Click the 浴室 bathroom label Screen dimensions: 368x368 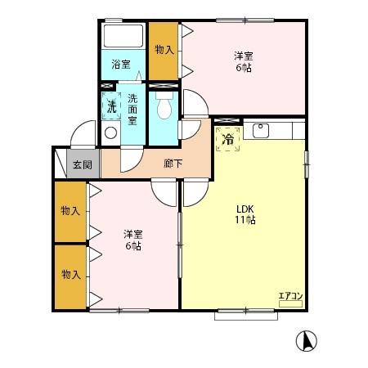point(121,65)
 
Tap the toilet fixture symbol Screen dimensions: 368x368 point(164,105)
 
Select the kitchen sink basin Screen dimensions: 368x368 point(261,131)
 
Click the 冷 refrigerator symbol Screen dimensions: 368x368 point(228,139)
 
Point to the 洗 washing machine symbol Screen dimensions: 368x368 point(111,106)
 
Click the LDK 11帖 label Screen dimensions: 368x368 point(245,214)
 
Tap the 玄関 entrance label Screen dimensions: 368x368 point(83,164)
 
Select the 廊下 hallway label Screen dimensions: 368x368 point(173,164)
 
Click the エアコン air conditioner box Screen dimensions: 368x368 point(290,303)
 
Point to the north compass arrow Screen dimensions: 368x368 point(307,341)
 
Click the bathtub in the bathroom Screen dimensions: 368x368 point(123,36)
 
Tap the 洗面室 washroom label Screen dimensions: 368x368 point(132,110)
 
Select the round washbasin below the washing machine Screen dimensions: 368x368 point(111,133)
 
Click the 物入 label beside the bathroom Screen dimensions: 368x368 point(164,50)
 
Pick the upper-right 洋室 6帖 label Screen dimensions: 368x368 point(244,62)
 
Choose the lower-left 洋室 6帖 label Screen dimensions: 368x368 point(133,240)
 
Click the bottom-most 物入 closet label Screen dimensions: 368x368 point(71,274)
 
